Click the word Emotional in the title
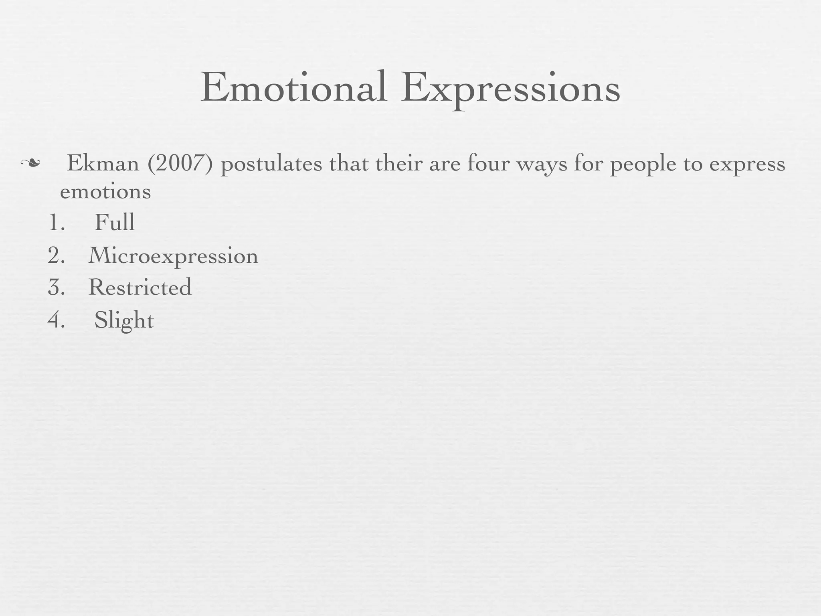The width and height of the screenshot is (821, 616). [294, 87]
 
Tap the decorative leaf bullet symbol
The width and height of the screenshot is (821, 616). [30, 163]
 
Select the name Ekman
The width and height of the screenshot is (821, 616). [103, 164]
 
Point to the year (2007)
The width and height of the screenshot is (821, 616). [180, 164]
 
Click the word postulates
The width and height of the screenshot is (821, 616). [271, 164]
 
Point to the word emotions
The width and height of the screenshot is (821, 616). [105, 192]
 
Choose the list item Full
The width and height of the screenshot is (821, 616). [114, 222]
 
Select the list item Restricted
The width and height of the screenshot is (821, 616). [140, 287]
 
